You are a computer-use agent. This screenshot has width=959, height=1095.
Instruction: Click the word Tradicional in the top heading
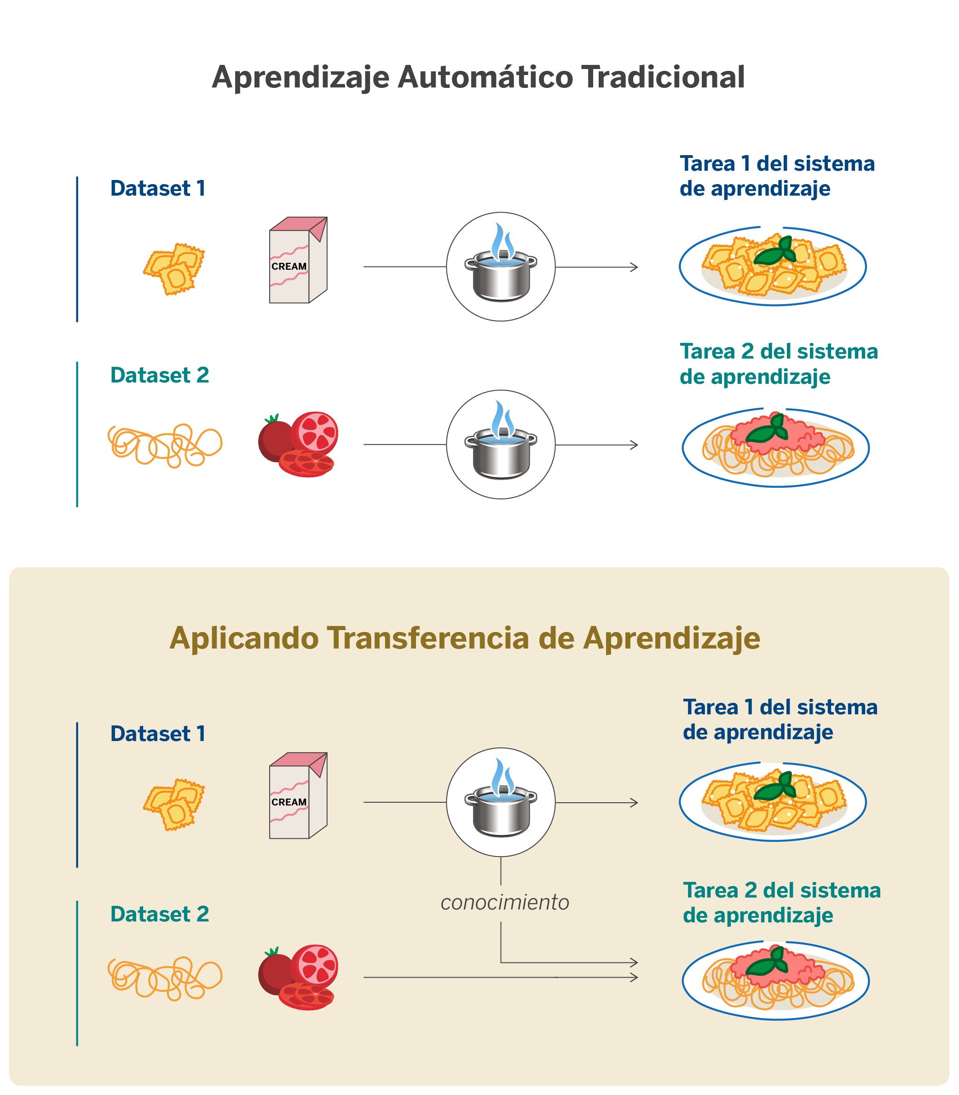(663, 77)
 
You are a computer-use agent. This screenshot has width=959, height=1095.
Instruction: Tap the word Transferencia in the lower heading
(428, 638)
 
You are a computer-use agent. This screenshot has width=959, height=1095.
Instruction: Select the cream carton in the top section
(298, 261)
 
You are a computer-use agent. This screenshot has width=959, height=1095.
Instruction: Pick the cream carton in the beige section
(298, 796)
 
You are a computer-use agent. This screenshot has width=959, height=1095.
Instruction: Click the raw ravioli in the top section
(174, 268)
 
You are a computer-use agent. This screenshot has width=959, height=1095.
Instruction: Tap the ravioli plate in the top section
(772, 266)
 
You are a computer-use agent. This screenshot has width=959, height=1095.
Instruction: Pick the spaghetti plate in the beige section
(775, 980)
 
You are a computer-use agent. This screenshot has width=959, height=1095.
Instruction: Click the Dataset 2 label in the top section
(159, 375)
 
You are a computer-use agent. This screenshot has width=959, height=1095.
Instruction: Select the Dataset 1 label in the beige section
(158, 734)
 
